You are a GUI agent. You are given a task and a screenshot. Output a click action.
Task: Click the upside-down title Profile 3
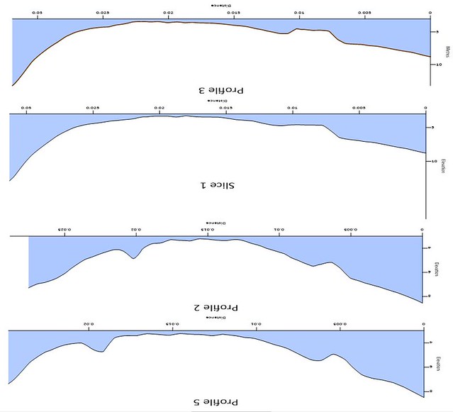tap(220, 90)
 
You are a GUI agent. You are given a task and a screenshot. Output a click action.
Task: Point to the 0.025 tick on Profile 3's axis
tap(102, 13)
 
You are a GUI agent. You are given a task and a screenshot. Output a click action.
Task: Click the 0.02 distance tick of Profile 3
tap(168, 13)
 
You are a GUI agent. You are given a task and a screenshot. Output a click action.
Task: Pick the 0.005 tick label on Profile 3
tap(364, 13)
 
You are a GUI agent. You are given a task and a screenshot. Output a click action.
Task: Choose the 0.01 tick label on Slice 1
tap(292, 108)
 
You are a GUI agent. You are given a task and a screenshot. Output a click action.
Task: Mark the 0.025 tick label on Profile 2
tap(65, 230)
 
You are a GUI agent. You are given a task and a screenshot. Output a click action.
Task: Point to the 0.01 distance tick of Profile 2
tap(279, 230)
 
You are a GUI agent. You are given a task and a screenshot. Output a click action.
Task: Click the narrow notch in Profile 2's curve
tap(133, 257)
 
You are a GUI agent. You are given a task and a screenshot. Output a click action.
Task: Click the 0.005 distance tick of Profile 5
tap(339, 324)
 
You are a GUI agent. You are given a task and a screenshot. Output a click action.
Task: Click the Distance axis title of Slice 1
tap(217, 101)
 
